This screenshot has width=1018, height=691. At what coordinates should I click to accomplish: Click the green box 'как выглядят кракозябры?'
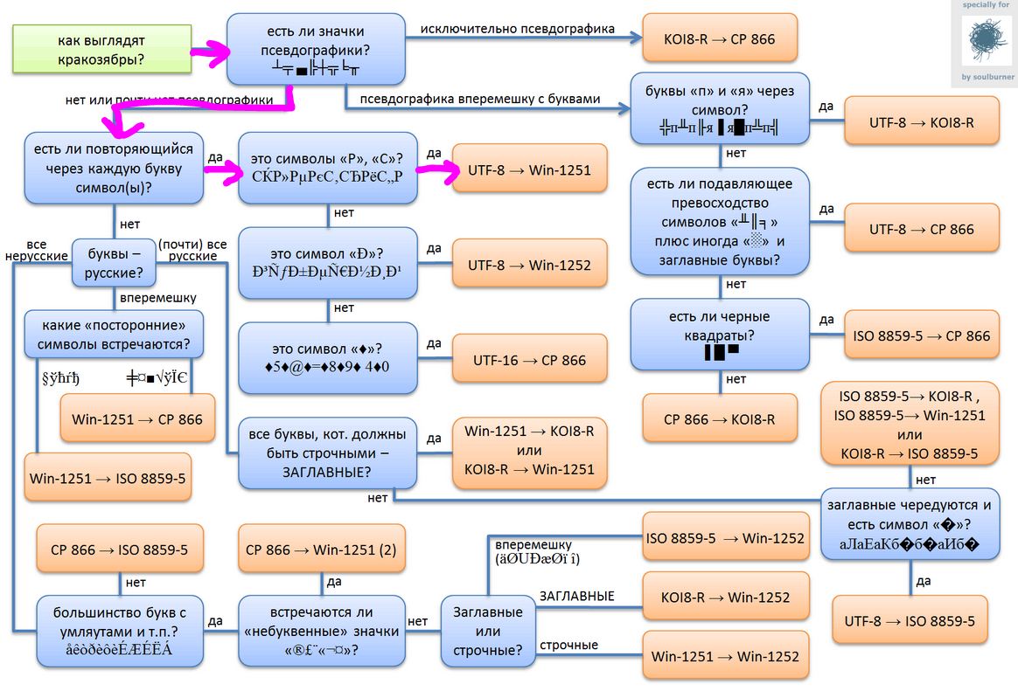(x=101, y=50)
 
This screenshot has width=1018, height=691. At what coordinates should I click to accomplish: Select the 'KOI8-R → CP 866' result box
(x=719, y=38)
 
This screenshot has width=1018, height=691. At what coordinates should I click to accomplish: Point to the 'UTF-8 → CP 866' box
(x=921, y=229)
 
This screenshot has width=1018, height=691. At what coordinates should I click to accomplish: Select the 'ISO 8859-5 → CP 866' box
(x=921, y=335)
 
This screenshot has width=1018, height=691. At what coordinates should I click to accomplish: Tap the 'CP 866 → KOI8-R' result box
(x=719, y=419)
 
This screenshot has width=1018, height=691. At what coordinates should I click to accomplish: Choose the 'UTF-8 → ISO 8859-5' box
(x=910, y=621)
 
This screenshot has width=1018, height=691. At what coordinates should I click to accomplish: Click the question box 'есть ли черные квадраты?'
(x=719, y=335)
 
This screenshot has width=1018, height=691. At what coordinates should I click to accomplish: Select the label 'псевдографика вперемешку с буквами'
(x=480, y=99)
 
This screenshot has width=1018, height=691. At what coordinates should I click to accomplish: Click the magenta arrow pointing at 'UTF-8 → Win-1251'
(x=436, y=171)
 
